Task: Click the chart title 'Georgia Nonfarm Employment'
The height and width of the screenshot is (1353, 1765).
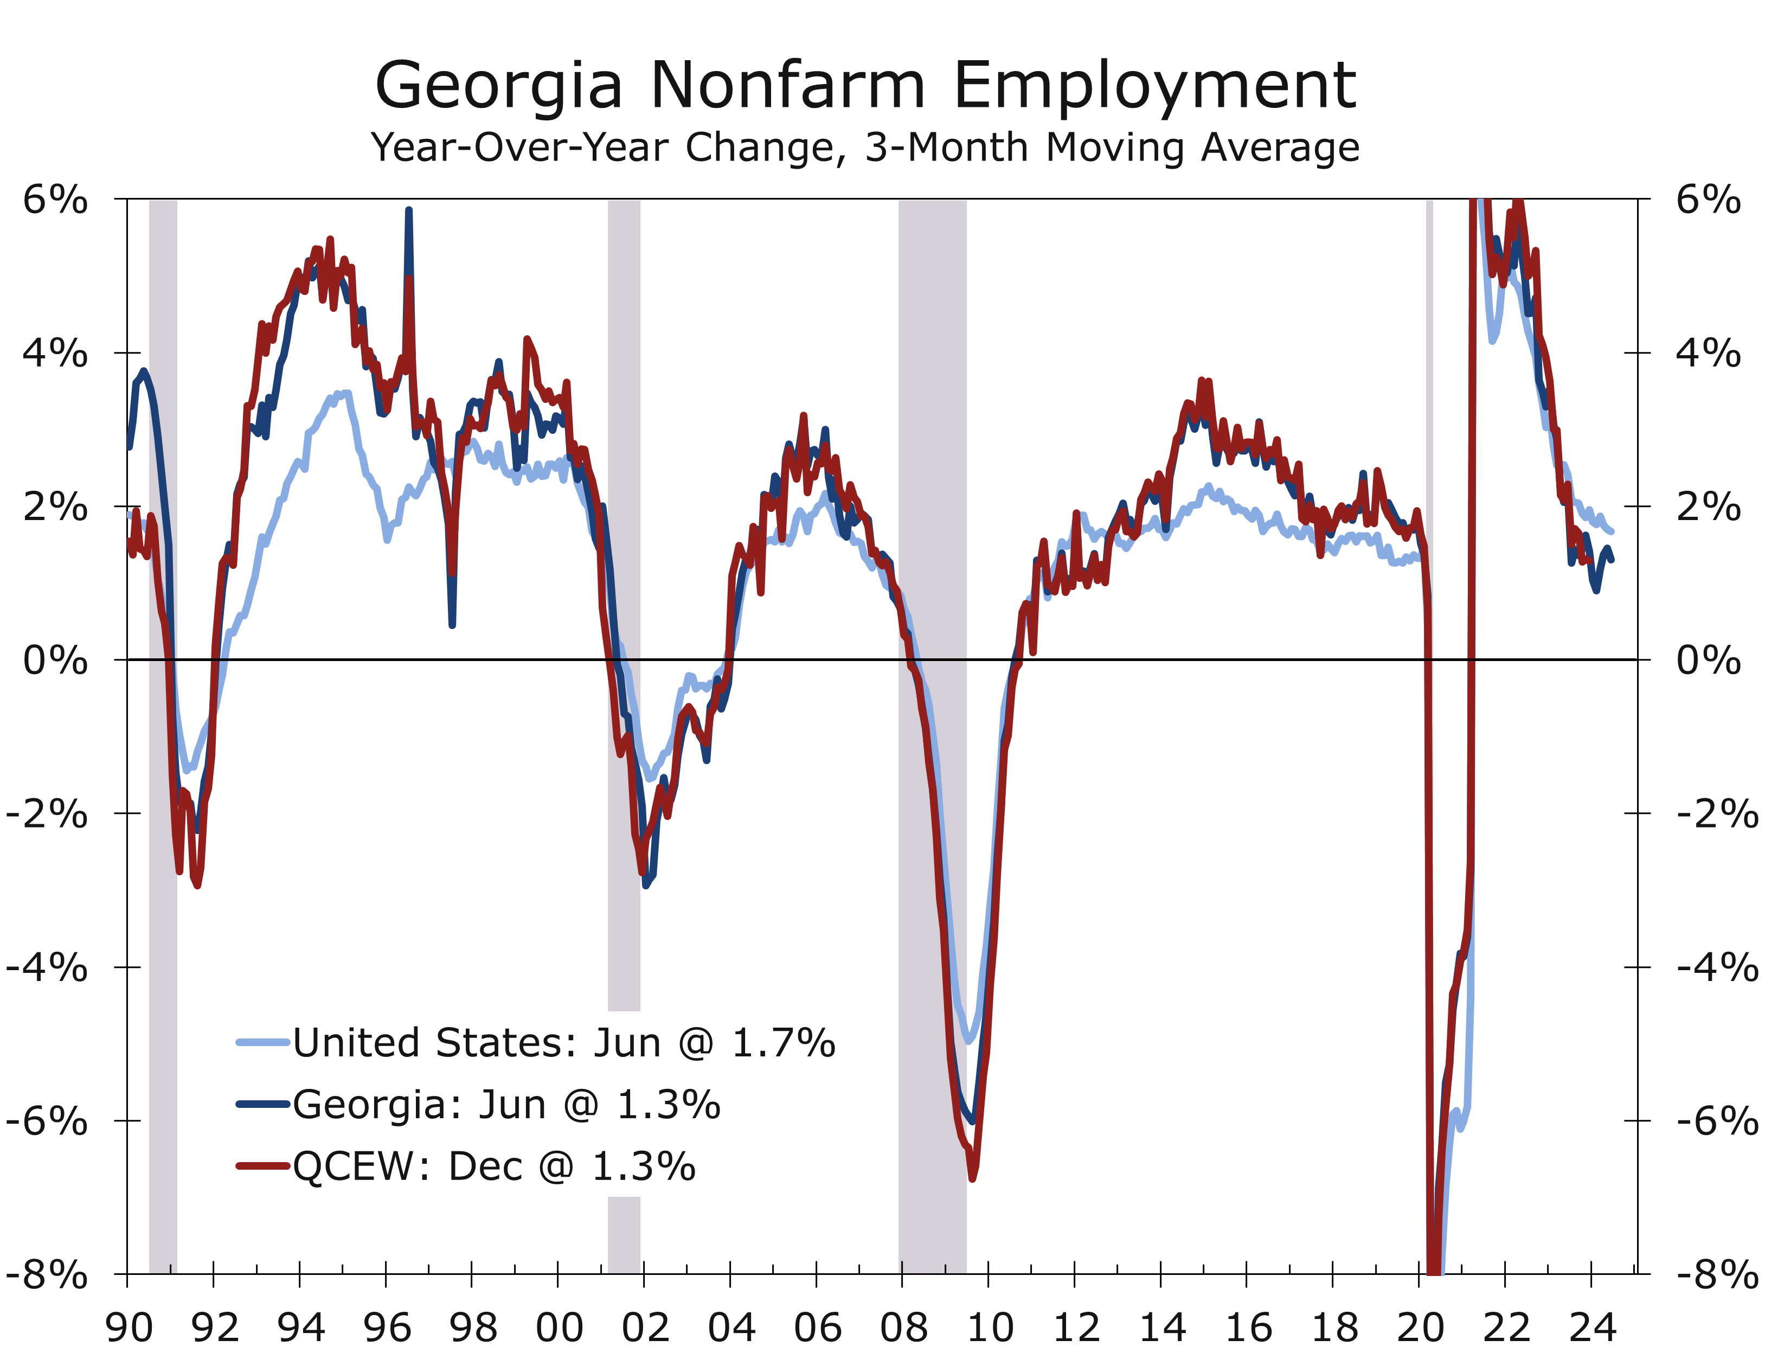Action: [865, 85]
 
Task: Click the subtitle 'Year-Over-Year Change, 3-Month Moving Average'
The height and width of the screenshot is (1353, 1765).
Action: [865, 148]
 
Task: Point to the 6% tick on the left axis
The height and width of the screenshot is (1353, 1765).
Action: [55, 199]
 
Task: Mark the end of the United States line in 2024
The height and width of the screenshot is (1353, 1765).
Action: [1611, 531]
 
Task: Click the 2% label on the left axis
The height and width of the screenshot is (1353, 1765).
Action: [55, 506]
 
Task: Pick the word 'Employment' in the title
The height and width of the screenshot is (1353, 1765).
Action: [1156, 85]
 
